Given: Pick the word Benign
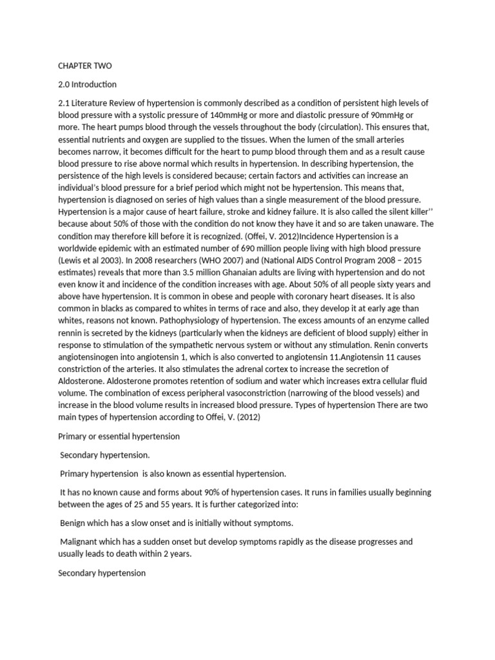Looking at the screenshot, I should [73, 523].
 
